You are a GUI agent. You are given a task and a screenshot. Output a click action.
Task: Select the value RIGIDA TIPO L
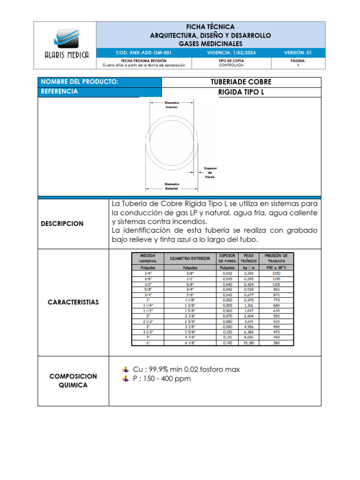(x=241, y=92)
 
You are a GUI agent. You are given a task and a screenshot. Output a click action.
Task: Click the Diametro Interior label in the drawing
(x=172, y=105)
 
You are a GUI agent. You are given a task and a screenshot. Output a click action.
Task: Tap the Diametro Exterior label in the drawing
(x=172, y=186)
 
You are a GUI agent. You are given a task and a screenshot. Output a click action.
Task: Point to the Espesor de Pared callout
(x=210, y=172)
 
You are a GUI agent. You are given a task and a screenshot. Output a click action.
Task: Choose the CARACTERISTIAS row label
(x=73, y=302)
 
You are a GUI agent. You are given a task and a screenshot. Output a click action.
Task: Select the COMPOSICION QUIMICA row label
(x=73, y=381)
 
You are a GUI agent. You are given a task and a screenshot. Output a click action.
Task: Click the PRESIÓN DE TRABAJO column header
(x=276, y=258)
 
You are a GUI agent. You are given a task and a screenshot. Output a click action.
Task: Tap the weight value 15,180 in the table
(x=248, y=343)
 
